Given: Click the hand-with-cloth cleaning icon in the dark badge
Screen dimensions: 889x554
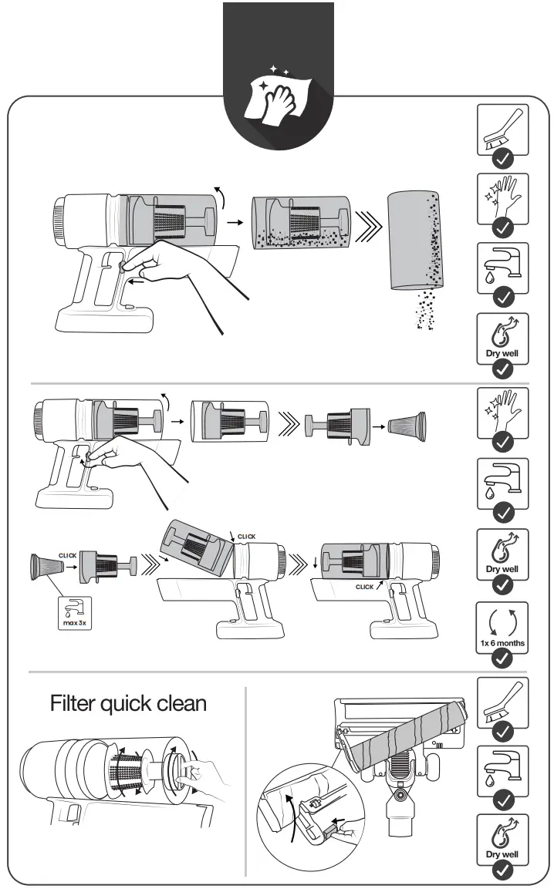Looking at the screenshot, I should pos(277,100).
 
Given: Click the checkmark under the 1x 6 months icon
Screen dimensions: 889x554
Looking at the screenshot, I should pos(502,658).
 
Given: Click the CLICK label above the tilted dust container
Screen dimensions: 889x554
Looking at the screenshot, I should pos(246,537).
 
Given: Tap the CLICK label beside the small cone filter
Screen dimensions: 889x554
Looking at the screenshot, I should pos(67,555).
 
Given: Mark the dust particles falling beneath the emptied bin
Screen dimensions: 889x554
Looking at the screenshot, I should pos(424,312).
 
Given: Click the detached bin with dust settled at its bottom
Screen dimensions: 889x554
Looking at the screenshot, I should pos(300,221).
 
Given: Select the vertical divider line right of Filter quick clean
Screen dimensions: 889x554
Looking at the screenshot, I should pos(245,779).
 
